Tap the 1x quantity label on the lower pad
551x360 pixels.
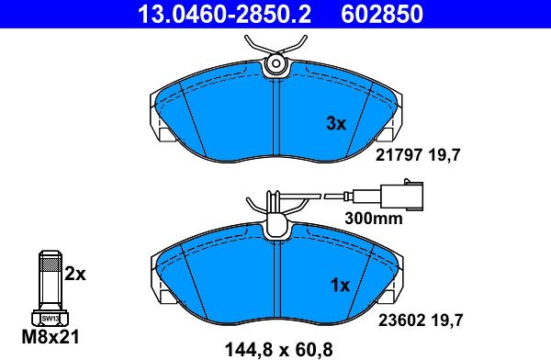point(340,286)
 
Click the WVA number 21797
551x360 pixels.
point(399,156)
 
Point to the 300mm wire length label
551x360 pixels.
point(374,219)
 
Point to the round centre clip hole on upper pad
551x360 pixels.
point(275,64)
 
